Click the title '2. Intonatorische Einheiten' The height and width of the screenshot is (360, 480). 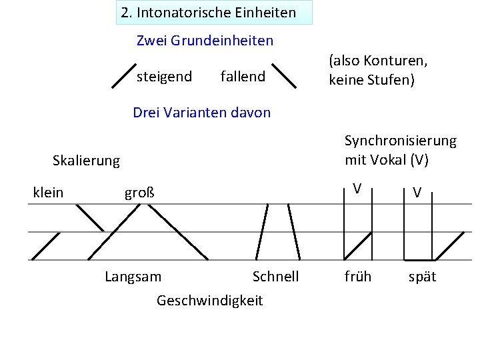click(209, 13)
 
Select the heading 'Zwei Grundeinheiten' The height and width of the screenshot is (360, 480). click(205, 41)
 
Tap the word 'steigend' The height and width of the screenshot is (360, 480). click(164, 77)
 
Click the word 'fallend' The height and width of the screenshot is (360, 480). click(243, 77)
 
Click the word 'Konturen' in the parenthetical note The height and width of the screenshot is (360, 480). click(394, 61)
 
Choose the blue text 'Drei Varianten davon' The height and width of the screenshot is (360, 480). click(202, 112)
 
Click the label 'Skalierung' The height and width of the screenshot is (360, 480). click(86, 161)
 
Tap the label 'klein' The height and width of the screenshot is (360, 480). click(48, 193)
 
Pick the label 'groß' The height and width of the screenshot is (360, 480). click(139, 193)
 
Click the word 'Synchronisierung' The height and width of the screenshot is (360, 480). click(400, 141)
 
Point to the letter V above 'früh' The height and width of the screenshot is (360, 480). click(358, 189)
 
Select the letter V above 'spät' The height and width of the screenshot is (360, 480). click(417, 193)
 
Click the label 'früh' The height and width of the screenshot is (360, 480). click(358, 276)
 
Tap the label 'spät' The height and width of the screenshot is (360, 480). click(422, 276)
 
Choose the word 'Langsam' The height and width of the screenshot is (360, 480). click(133, 276)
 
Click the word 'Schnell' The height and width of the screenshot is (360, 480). click(275, 276)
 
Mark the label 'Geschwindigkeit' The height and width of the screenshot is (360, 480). click(209, 301)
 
